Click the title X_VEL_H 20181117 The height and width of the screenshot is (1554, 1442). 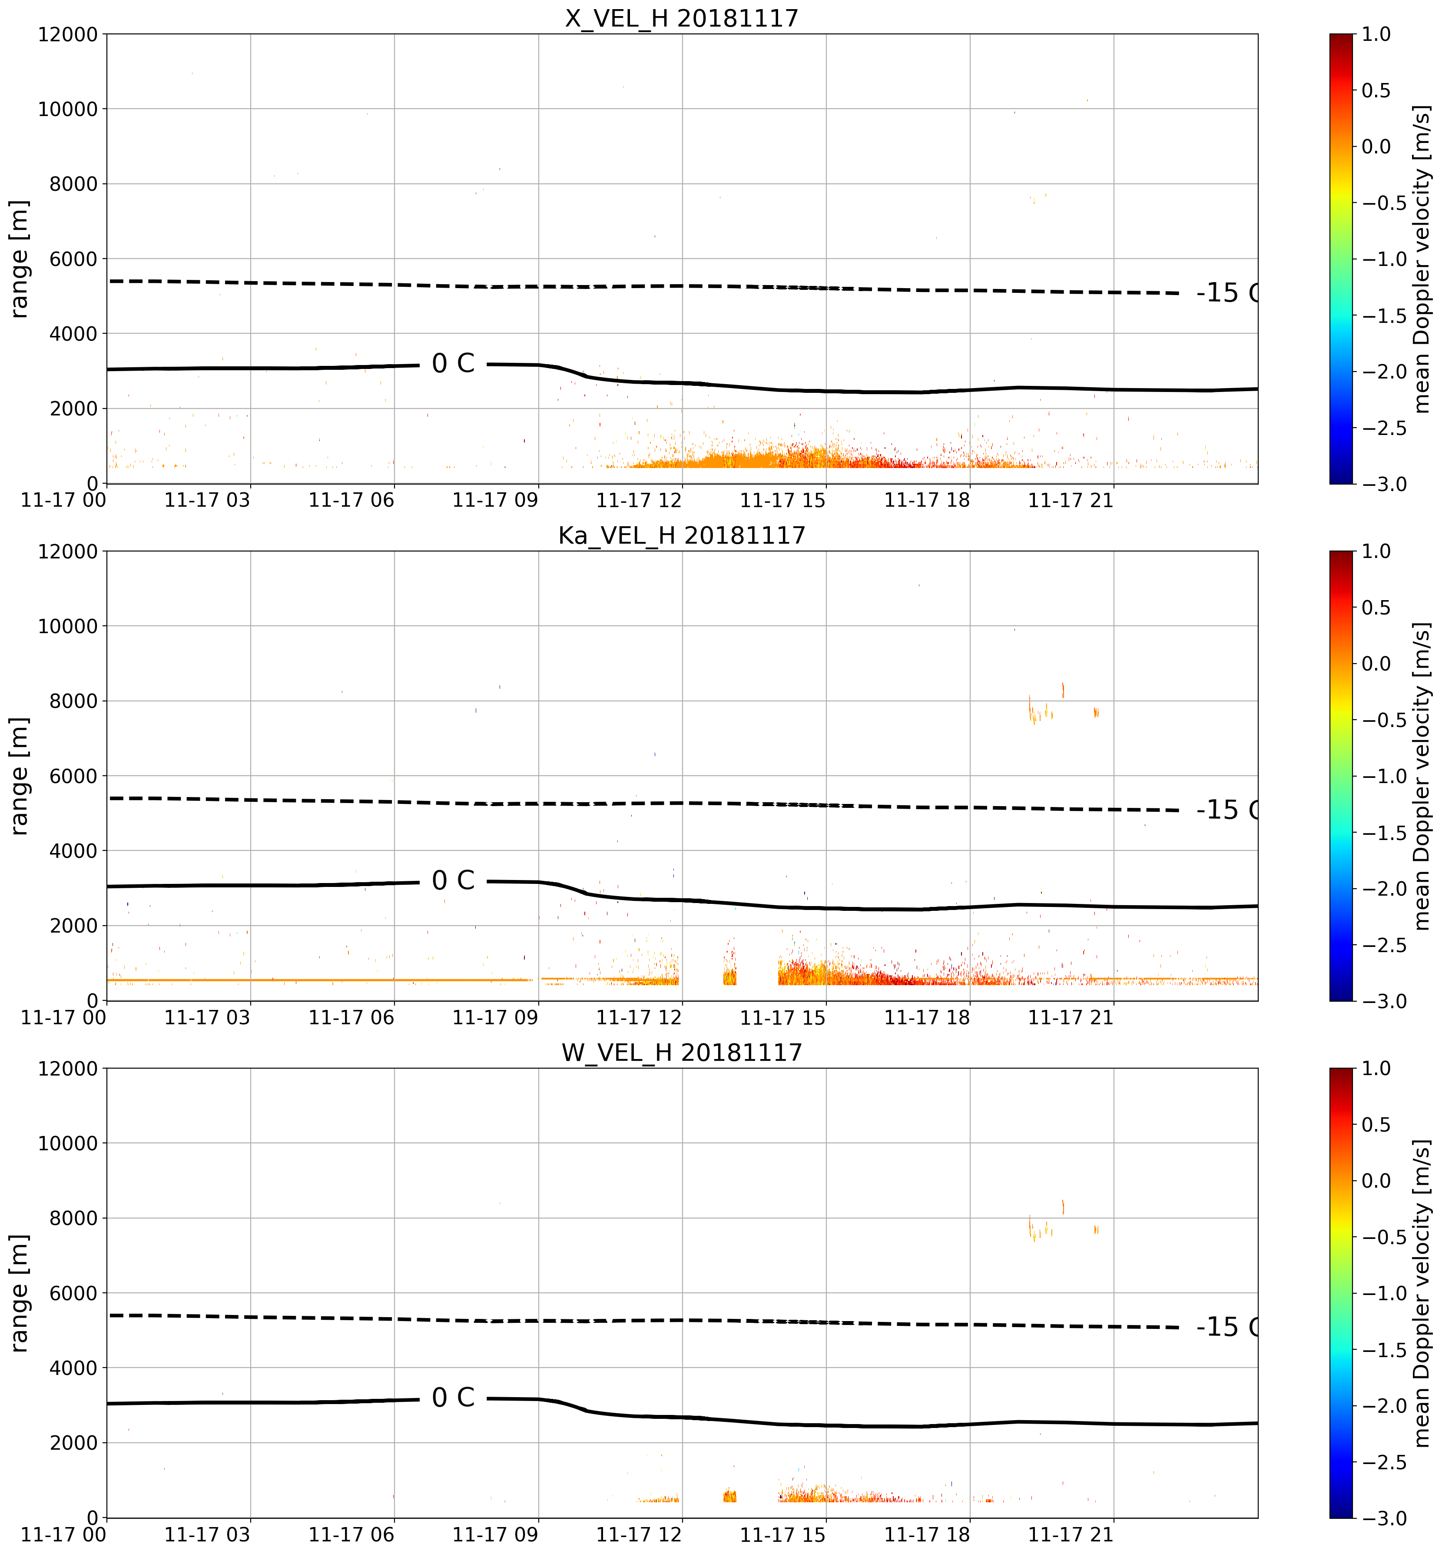[x=682, y=17]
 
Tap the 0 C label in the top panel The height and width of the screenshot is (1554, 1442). [x=453, y=364]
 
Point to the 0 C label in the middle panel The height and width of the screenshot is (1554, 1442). [x=453, y=880]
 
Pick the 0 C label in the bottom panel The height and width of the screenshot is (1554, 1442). [x=453, y=1398]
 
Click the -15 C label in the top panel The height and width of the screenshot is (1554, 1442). [x=1227, y=293]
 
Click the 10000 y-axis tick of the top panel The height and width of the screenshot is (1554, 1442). [x=68, y=109]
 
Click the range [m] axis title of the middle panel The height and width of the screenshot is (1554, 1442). [x=20, y=776]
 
